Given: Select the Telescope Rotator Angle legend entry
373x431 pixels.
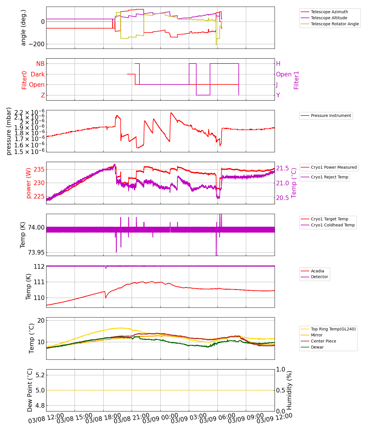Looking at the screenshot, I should pyautogui.click(x=335, y=24).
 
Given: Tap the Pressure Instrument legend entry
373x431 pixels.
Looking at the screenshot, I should pyautogui.click(x=331, y=116).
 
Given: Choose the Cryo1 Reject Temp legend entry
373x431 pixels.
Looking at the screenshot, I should pyautogui.click(x=329, y=177).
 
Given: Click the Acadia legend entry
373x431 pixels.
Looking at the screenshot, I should pyautogui.click(x=317, y=271).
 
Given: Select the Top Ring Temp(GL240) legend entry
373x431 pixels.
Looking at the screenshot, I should pyautogui.click(x=333, y=329).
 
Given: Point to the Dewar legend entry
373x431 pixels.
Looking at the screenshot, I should pyautogui.click(x=317, y=347).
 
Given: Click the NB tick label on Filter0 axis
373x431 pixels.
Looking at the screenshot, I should pyautogui.click(x=40, y=64).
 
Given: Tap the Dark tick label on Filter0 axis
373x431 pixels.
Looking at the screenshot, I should pyautogui.click(x=38, y=74).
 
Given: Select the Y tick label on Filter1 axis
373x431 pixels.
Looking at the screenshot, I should pyautogui.click(x=278, y=95).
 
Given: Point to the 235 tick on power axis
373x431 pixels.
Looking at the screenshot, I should pyautogui.click(x=39, y=169).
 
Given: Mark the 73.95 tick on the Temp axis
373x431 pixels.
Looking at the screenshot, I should pyautogui.click(x=36, y=253).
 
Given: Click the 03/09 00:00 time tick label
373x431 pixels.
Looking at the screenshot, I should pyautogui.click(x=160, y=418).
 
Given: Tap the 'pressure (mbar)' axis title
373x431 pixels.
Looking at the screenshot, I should pyautogui.click(x=9, y=131).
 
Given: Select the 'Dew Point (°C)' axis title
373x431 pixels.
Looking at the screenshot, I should pyautogui.click(x=30, y=390).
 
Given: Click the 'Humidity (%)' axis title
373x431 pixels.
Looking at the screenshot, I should pyautogui.click(x=289, y=390).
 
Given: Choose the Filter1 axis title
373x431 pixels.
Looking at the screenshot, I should pyautogui.click(x=296, y=80).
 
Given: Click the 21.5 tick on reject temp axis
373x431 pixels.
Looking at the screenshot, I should pyautogui.click(x=283, y=168).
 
